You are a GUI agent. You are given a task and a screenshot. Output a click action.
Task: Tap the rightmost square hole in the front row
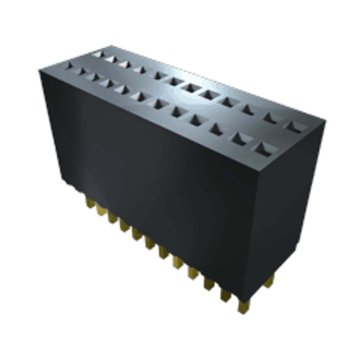tap(262, 147)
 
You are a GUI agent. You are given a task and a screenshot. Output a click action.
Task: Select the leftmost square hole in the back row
tap(97, 54)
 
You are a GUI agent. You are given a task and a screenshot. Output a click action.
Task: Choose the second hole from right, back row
tap(270, 117)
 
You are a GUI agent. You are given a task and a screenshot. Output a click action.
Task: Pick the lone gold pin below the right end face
tap(269, 282)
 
